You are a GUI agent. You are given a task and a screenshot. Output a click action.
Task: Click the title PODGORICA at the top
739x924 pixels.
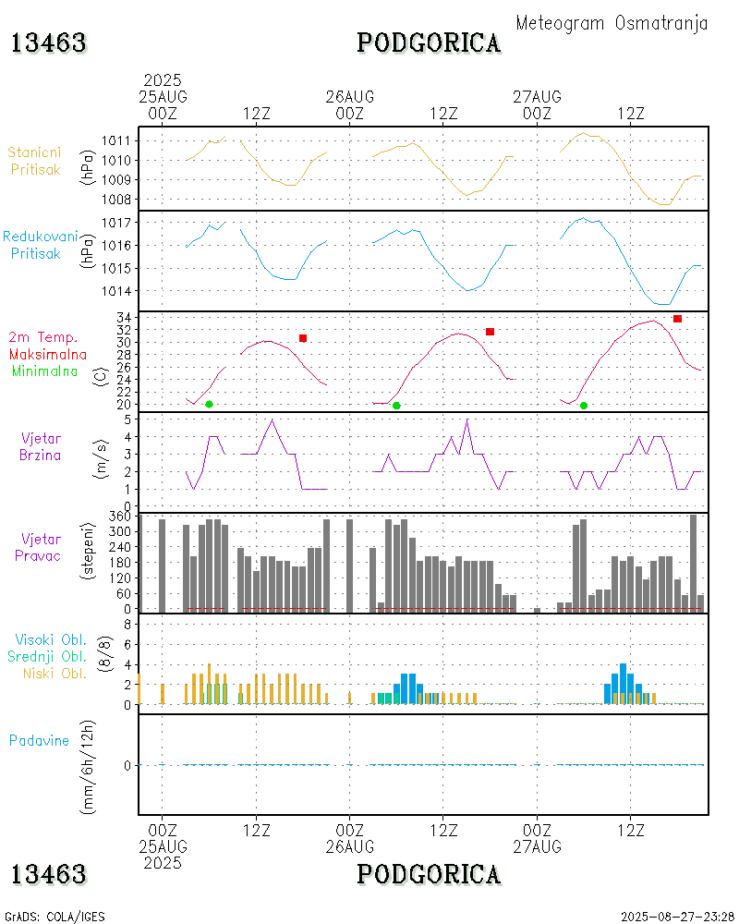(x=429, y=43)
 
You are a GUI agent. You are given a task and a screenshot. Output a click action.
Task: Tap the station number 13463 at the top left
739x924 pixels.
(x=49, y=43)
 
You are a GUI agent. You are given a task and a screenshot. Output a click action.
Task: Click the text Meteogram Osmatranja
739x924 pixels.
(x=612, y=23)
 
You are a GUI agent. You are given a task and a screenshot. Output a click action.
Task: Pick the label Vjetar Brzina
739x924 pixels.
(x=42, y=445)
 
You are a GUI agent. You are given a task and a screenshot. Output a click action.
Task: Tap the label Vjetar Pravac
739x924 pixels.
(x=42, y=546)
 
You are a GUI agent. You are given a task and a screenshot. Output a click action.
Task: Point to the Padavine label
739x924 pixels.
(x=39, y=740)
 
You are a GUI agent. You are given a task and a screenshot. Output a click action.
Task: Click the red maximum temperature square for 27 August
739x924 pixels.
(x=677, y=319)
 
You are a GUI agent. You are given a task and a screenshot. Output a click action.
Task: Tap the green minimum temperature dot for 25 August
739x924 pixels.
(x=209, y=404)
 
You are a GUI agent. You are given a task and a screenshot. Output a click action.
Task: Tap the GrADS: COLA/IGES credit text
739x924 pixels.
(x=55, y=917)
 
